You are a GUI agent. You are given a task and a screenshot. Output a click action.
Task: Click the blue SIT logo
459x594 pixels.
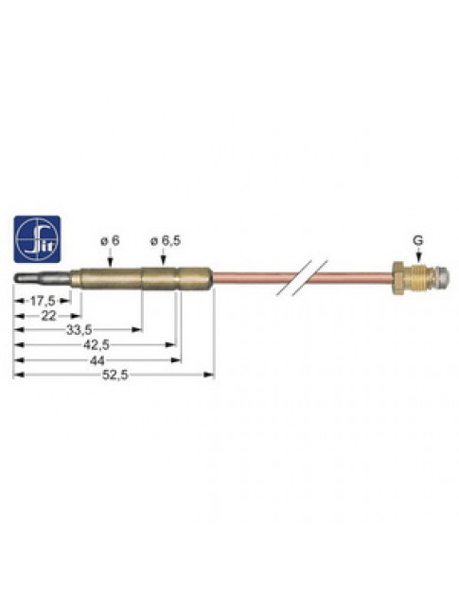tap(37, 239)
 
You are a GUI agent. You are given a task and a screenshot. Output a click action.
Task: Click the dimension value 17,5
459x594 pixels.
tap(43, 301)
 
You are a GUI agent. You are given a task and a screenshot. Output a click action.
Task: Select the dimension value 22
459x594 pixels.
tap(48, 316)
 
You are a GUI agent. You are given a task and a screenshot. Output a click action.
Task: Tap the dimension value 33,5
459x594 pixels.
tap(79, 330)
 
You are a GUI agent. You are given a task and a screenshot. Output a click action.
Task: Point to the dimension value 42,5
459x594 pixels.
tap(97, 344)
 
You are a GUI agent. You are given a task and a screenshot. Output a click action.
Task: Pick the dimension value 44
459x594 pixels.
tap(97, 360)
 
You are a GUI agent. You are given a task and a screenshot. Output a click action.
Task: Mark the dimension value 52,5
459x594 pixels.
tap(115, 376)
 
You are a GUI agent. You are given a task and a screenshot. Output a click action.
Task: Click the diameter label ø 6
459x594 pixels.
tap(110, 240)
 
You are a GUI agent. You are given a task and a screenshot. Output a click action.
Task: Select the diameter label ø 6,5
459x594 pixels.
tap(166, 240)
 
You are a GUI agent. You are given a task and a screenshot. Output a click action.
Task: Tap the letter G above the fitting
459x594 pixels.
tap(418, 240)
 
